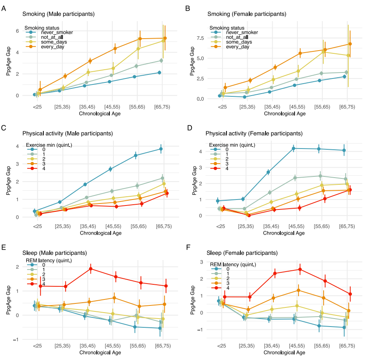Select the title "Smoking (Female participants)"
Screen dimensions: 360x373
pyautogui.click(x=246, y=14)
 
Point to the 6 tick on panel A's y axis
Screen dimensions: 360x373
pyautogui.click(x=17, y=31)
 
